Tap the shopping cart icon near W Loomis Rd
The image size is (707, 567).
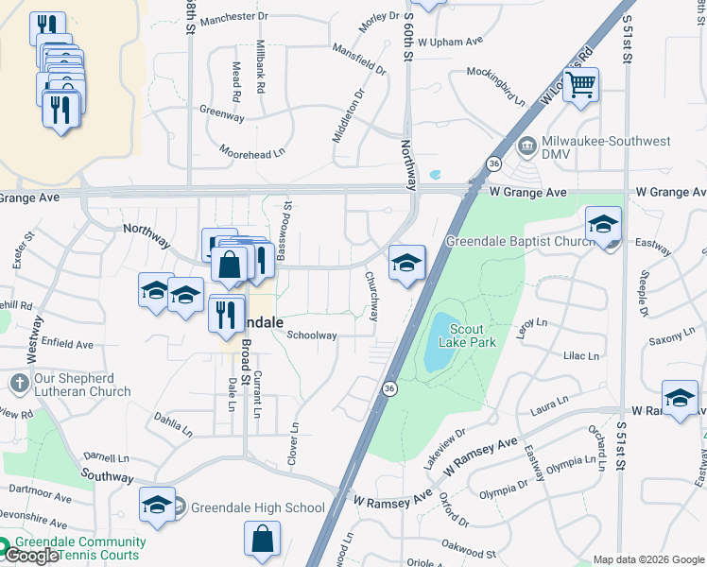coord(580,85)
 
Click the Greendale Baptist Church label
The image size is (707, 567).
coord(520,240)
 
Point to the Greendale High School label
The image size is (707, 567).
coord(257,507)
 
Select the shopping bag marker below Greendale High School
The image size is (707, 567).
coord(263,540)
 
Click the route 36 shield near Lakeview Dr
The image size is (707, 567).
coord(388,387)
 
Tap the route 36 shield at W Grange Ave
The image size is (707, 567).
coord(494,163)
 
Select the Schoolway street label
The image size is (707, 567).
coord(312,335)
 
